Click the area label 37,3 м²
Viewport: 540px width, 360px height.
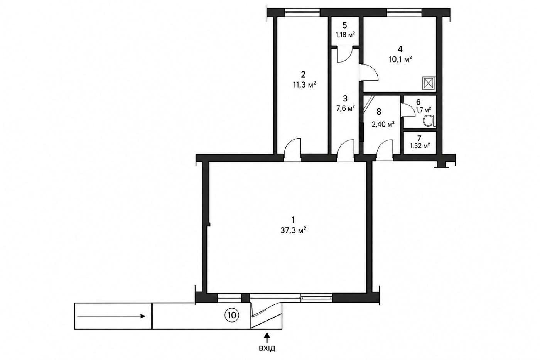(x=293, y=230)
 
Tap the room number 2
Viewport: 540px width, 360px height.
(x=303, y=74)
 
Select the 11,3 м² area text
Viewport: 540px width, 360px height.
(x=304, y=85)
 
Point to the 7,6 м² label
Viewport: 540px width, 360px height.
(x=346, y=109)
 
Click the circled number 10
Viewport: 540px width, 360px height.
(x=232, y=315)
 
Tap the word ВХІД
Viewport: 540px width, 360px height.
(x=267, y=348)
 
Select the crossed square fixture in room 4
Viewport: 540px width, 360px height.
(x=429, y=84)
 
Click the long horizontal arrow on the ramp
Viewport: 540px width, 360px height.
(x=111, y=316)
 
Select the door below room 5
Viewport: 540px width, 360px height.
(x=345, y=54)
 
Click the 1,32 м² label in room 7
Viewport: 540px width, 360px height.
(x=420, y=145)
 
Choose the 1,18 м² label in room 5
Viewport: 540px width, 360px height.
(x=345, y=35)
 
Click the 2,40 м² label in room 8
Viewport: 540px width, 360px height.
(x=383, y=124)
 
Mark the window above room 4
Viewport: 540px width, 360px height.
(x=405, y=12)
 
